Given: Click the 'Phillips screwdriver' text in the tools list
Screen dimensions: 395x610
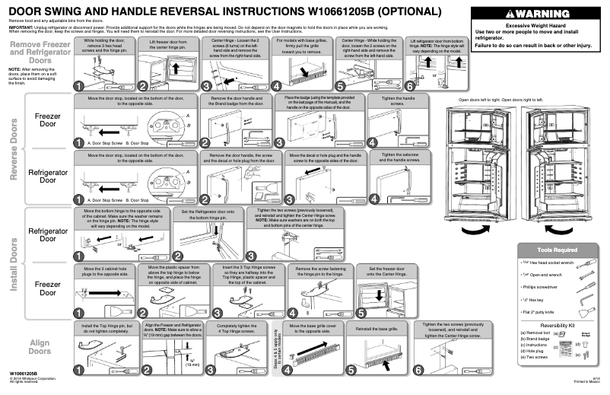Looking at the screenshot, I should click(542, 286).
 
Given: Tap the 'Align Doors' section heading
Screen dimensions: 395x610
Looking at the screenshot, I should click(40, 347).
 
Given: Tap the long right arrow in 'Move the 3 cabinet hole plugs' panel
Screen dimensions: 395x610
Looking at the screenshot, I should click(107, 290).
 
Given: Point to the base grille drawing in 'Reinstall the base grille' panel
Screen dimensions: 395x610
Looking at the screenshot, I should click(377, 358).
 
